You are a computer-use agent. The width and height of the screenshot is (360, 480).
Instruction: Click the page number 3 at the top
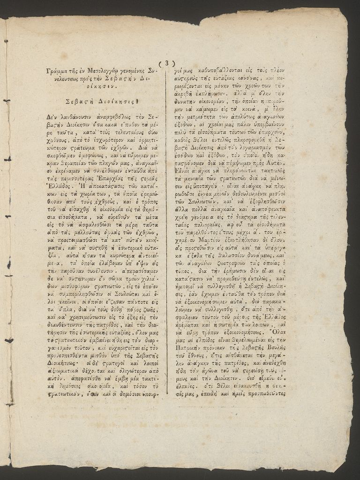coord(166,64)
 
